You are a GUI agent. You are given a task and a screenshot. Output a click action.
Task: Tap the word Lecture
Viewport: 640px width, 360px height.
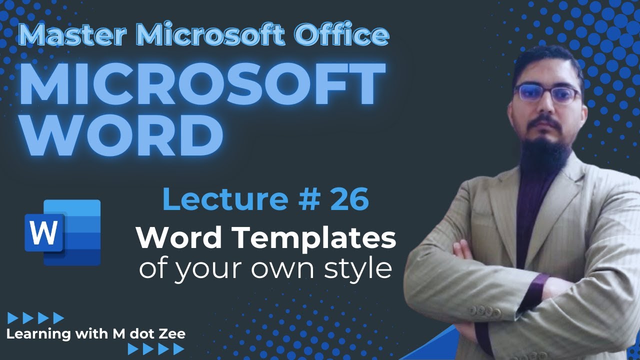(x=225, y=198)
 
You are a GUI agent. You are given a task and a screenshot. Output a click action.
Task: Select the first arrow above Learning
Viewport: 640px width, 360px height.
(x=13, y=318)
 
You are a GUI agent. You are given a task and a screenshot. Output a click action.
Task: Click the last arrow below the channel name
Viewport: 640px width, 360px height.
(x=178, y=349)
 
